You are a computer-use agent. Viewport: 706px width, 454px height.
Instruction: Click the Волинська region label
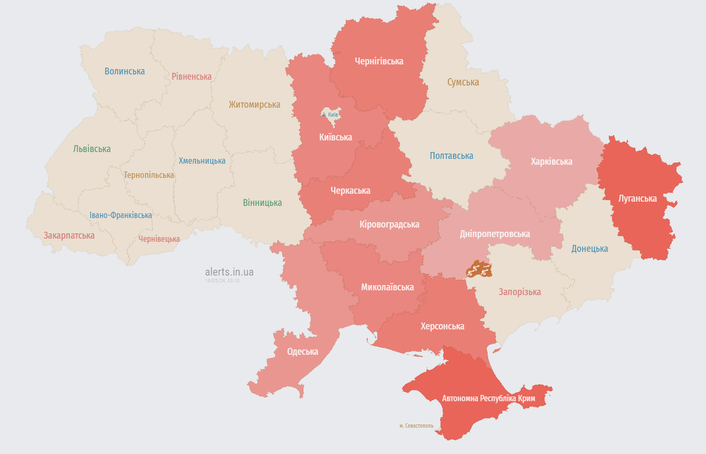click(125, 71)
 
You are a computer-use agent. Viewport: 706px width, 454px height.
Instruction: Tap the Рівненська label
click(192, 77)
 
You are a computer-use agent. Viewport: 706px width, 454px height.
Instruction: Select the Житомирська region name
click(254, 105)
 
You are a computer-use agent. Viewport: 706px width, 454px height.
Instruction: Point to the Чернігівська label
click(379, 61)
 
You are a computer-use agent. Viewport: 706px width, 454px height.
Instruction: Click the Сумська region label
click(463, 82)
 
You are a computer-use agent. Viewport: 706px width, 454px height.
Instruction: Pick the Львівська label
click(92, 149)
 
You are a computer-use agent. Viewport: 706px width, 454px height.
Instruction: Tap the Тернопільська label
click(149, 175)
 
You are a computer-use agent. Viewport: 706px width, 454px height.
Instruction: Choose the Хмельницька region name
click(202, 161)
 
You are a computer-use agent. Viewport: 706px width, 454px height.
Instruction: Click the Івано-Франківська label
click(121, 215)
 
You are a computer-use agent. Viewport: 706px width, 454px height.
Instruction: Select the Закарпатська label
click(69, 235)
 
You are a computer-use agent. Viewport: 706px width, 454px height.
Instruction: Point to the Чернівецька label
click(159, 239)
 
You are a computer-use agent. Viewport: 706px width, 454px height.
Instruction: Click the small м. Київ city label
click(330, 115)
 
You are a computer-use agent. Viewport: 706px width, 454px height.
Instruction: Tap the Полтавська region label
click(451, 156)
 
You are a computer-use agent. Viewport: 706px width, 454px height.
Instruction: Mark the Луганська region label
click(637, 198)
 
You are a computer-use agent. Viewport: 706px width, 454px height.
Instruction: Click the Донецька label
click(589, 249)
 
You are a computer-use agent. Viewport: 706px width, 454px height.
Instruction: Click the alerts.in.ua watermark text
click(229, 272)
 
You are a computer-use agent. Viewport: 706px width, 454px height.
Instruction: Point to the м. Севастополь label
click(416, 425)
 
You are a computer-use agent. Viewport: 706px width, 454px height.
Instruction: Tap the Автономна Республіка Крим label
click(489, 399)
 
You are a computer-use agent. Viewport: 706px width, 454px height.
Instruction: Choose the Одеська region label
click(302, 352)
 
